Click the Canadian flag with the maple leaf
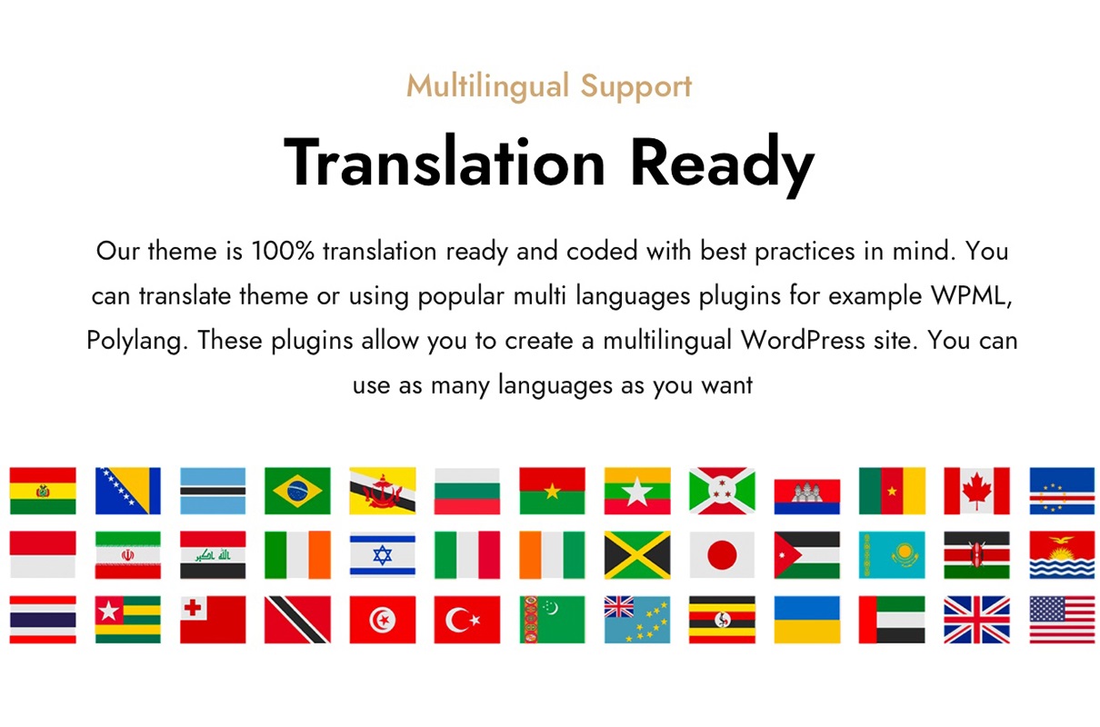click(976, 491)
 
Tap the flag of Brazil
click(297, 491)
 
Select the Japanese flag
click(722, 554)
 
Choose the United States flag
click(1062, 620)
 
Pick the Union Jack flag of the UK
click(976, 620)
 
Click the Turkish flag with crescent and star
click(467, 620)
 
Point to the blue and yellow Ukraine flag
click(807, 620)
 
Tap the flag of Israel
click(383, 554)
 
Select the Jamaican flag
click(637, 554)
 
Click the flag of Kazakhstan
click(892, 554)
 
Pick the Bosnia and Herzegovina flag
click(127, 491)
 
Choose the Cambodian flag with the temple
click(807, 496)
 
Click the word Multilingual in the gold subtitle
click(487, 87)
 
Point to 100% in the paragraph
click(283, 251)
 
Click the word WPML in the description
click(970, 295)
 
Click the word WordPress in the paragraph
click(803, 340)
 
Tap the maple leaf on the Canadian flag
click(976, 490)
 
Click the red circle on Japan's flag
click(722, 554)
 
